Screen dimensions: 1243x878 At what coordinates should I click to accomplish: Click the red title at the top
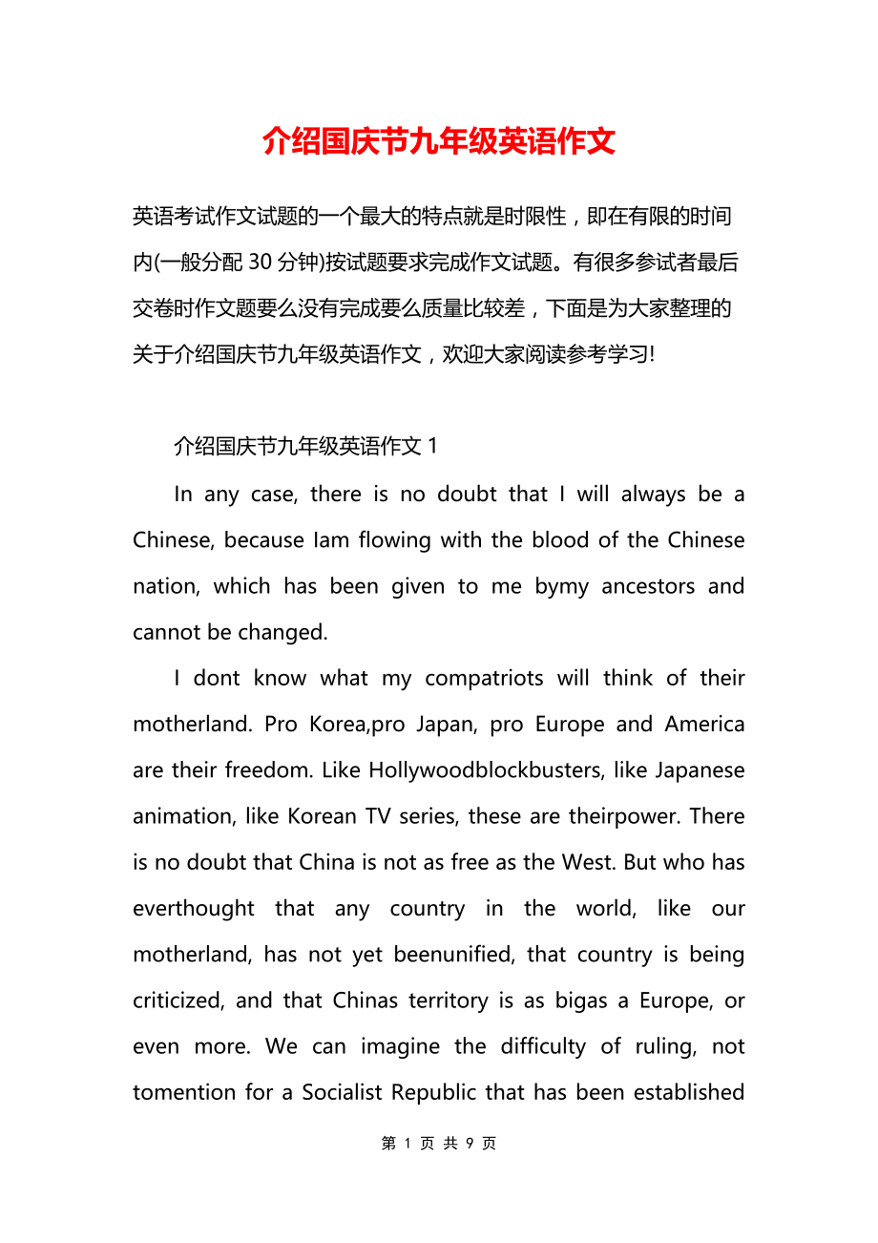[439, 141]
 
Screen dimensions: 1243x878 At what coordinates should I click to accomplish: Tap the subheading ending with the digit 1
[305, 446]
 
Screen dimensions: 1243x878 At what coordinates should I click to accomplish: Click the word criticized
[178, 1001]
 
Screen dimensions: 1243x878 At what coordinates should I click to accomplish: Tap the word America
[704, 724]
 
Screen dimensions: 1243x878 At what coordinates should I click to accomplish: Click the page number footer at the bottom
[439, 1143]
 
